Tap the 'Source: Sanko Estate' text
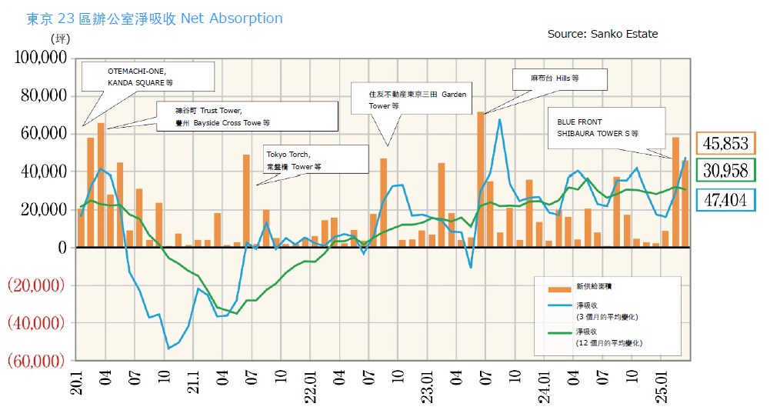[x=602, y=34]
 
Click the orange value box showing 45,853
[x=725, y=143]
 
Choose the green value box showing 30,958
[x=725, y=169]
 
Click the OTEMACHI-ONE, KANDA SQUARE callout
[x=148, y=76]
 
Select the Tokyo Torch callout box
[x=304, y=160]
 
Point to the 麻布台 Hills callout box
[x=559, y=78]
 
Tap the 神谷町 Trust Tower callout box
[x=246, y=117]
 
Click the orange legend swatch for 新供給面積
[x=559, y=289]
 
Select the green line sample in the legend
[x=559, y=332]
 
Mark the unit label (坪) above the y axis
[x=61, y=37]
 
